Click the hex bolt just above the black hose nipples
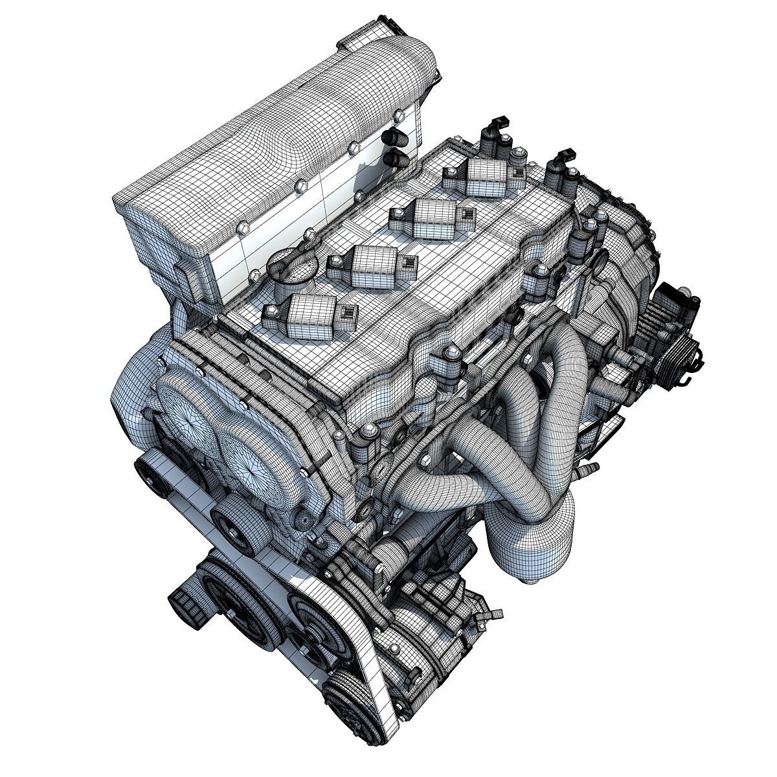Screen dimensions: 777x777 point(355,150)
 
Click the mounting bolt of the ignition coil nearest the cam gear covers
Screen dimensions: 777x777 point(269,316)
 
